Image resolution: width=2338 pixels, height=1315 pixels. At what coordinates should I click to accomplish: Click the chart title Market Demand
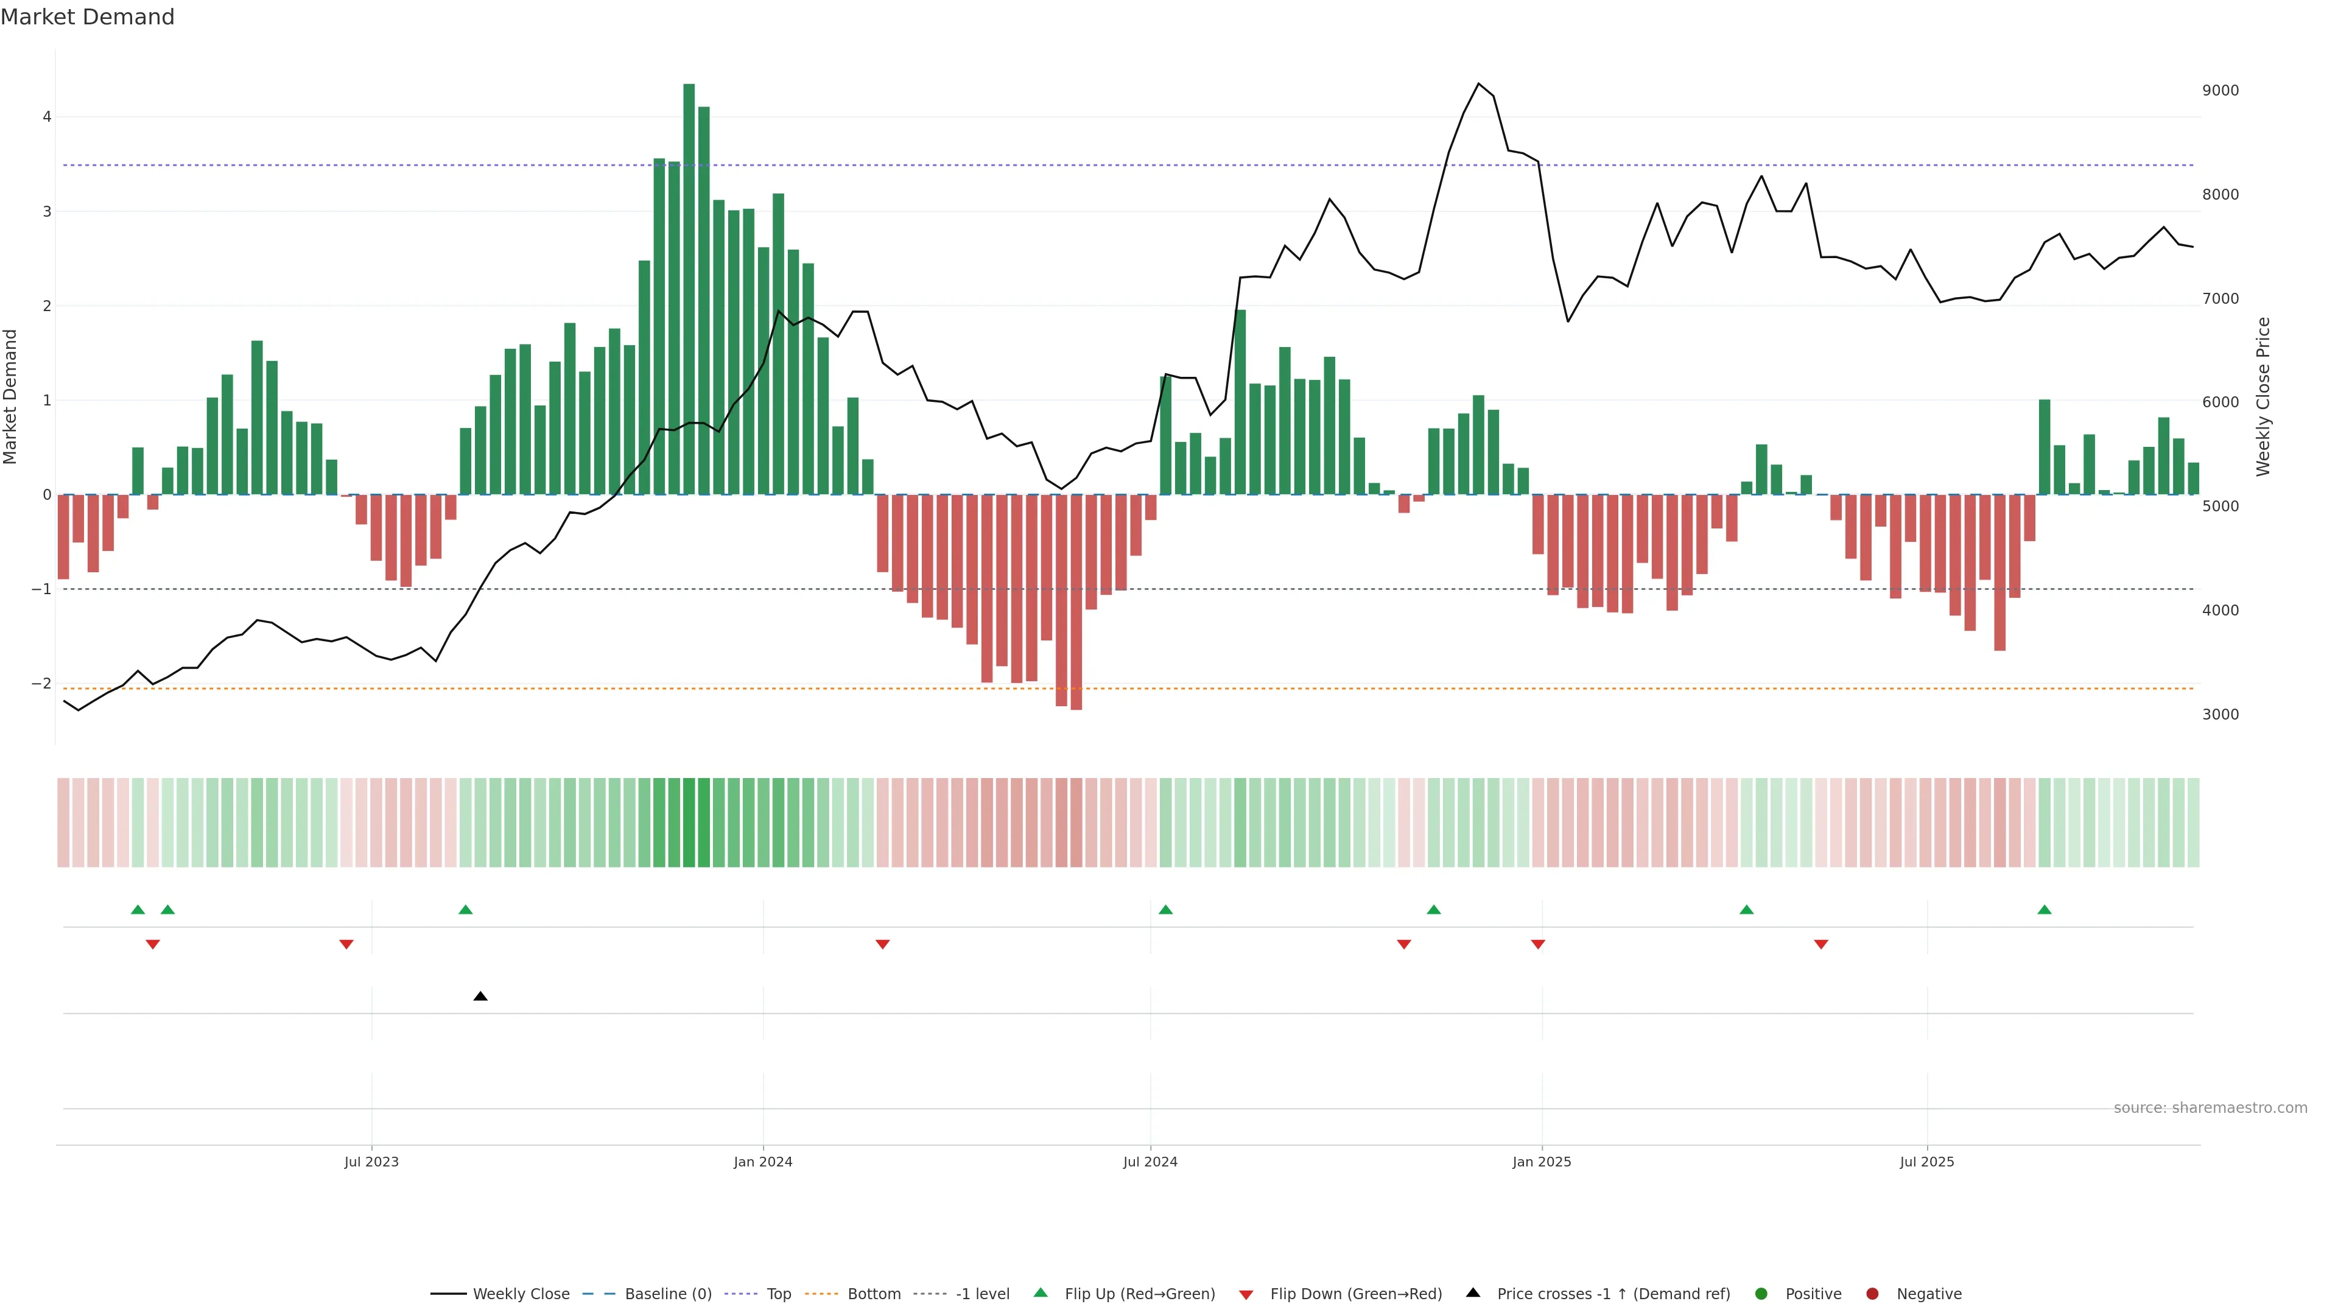coord(87,17)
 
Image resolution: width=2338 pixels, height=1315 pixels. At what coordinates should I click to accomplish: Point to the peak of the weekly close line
coord(1478,83)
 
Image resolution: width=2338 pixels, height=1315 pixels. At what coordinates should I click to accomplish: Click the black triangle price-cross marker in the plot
coord(480,997)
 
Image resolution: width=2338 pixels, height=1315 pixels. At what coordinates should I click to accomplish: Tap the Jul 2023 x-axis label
coord(371,1162)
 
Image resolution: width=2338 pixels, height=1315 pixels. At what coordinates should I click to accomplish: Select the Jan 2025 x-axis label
coord(1541,1162)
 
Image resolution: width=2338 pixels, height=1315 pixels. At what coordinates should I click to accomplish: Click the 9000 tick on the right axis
coord(2220,91)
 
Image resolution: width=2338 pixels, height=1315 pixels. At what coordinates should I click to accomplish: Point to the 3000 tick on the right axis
coord(2220,714)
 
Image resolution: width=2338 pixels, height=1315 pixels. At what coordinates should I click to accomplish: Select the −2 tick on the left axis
coord(42,683)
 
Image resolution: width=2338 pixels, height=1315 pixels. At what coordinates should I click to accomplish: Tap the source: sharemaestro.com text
coord(2210,1108)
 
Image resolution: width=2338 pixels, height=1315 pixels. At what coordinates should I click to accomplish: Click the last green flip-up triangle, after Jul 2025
coord(2044,910)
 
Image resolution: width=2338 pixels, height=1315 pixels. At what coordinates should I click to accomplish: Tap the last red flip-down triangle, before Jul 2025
coord(1820,945)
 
